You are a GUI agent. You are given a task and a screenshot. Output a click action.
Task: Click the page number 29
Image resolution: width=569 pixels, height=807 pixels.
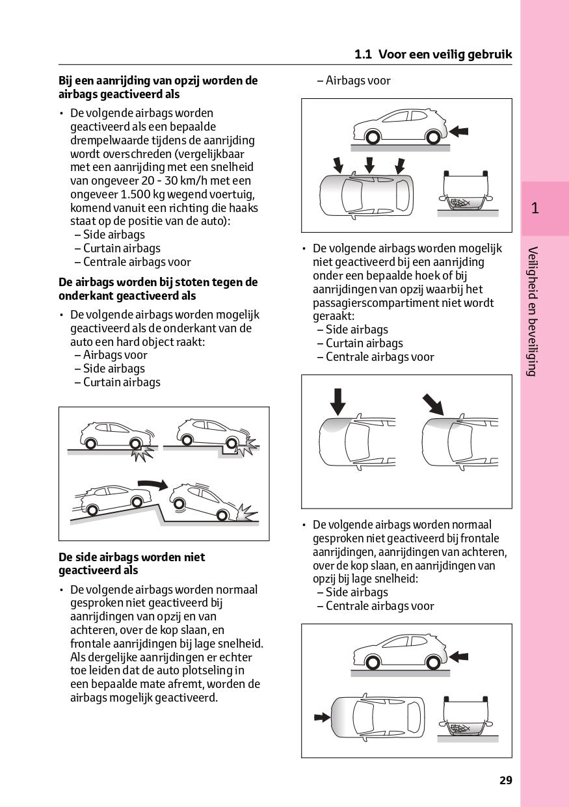click(506, 780)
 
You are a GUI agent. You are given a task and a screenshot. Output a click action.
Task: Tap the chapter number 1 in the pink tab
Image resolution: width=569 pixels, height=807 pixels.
click(535, 208)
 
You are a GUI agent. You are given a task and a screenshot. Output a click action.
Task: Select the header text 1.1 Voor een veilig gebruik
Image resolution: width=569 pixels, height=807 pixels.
click(433, 55)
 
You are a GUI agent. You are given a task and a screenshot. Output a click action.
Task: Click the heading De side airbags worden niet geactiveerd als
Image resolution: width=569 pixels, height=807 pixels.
click(131, 563)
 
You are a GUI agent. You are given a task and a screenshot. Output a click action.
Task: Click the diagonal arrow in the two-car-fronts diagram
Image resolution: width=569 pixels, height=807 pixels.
click(432, 404)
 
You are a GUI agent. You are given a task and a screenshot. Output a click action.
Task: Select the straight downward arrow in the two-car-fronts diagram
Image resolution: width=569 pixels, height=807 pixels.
click(337, 401)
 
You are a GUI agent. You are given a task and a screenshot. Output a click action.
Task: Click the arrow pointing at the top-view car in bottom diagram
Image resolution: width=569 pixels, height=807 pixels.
click(322, 717)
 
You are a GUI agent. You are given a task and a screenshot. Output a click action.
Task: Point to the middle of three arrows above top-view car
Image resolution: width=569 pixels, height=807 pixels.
click(369, 165)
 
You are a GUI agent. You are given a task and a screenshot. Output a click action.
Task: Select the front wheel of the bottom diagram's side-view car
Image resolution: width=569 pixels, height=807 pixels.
click(373, 663)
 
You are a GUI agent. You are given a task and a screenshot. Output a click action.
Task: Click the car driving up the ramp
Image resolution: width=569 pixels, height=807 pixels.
click(109, 498)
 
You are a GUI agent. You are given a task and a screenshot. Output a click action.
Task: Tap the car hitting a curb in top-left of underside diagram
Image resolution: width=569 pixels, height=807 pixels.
click(109, 435)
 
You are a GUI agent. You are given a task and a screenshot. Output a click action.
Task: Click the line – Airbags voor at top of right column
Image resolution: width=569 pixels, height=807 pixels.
click(354, 81)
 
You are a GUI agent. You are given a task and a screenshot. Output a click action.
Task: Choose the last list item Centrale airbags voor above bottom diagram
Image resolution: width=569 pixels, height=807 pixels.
click(375, 605)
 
